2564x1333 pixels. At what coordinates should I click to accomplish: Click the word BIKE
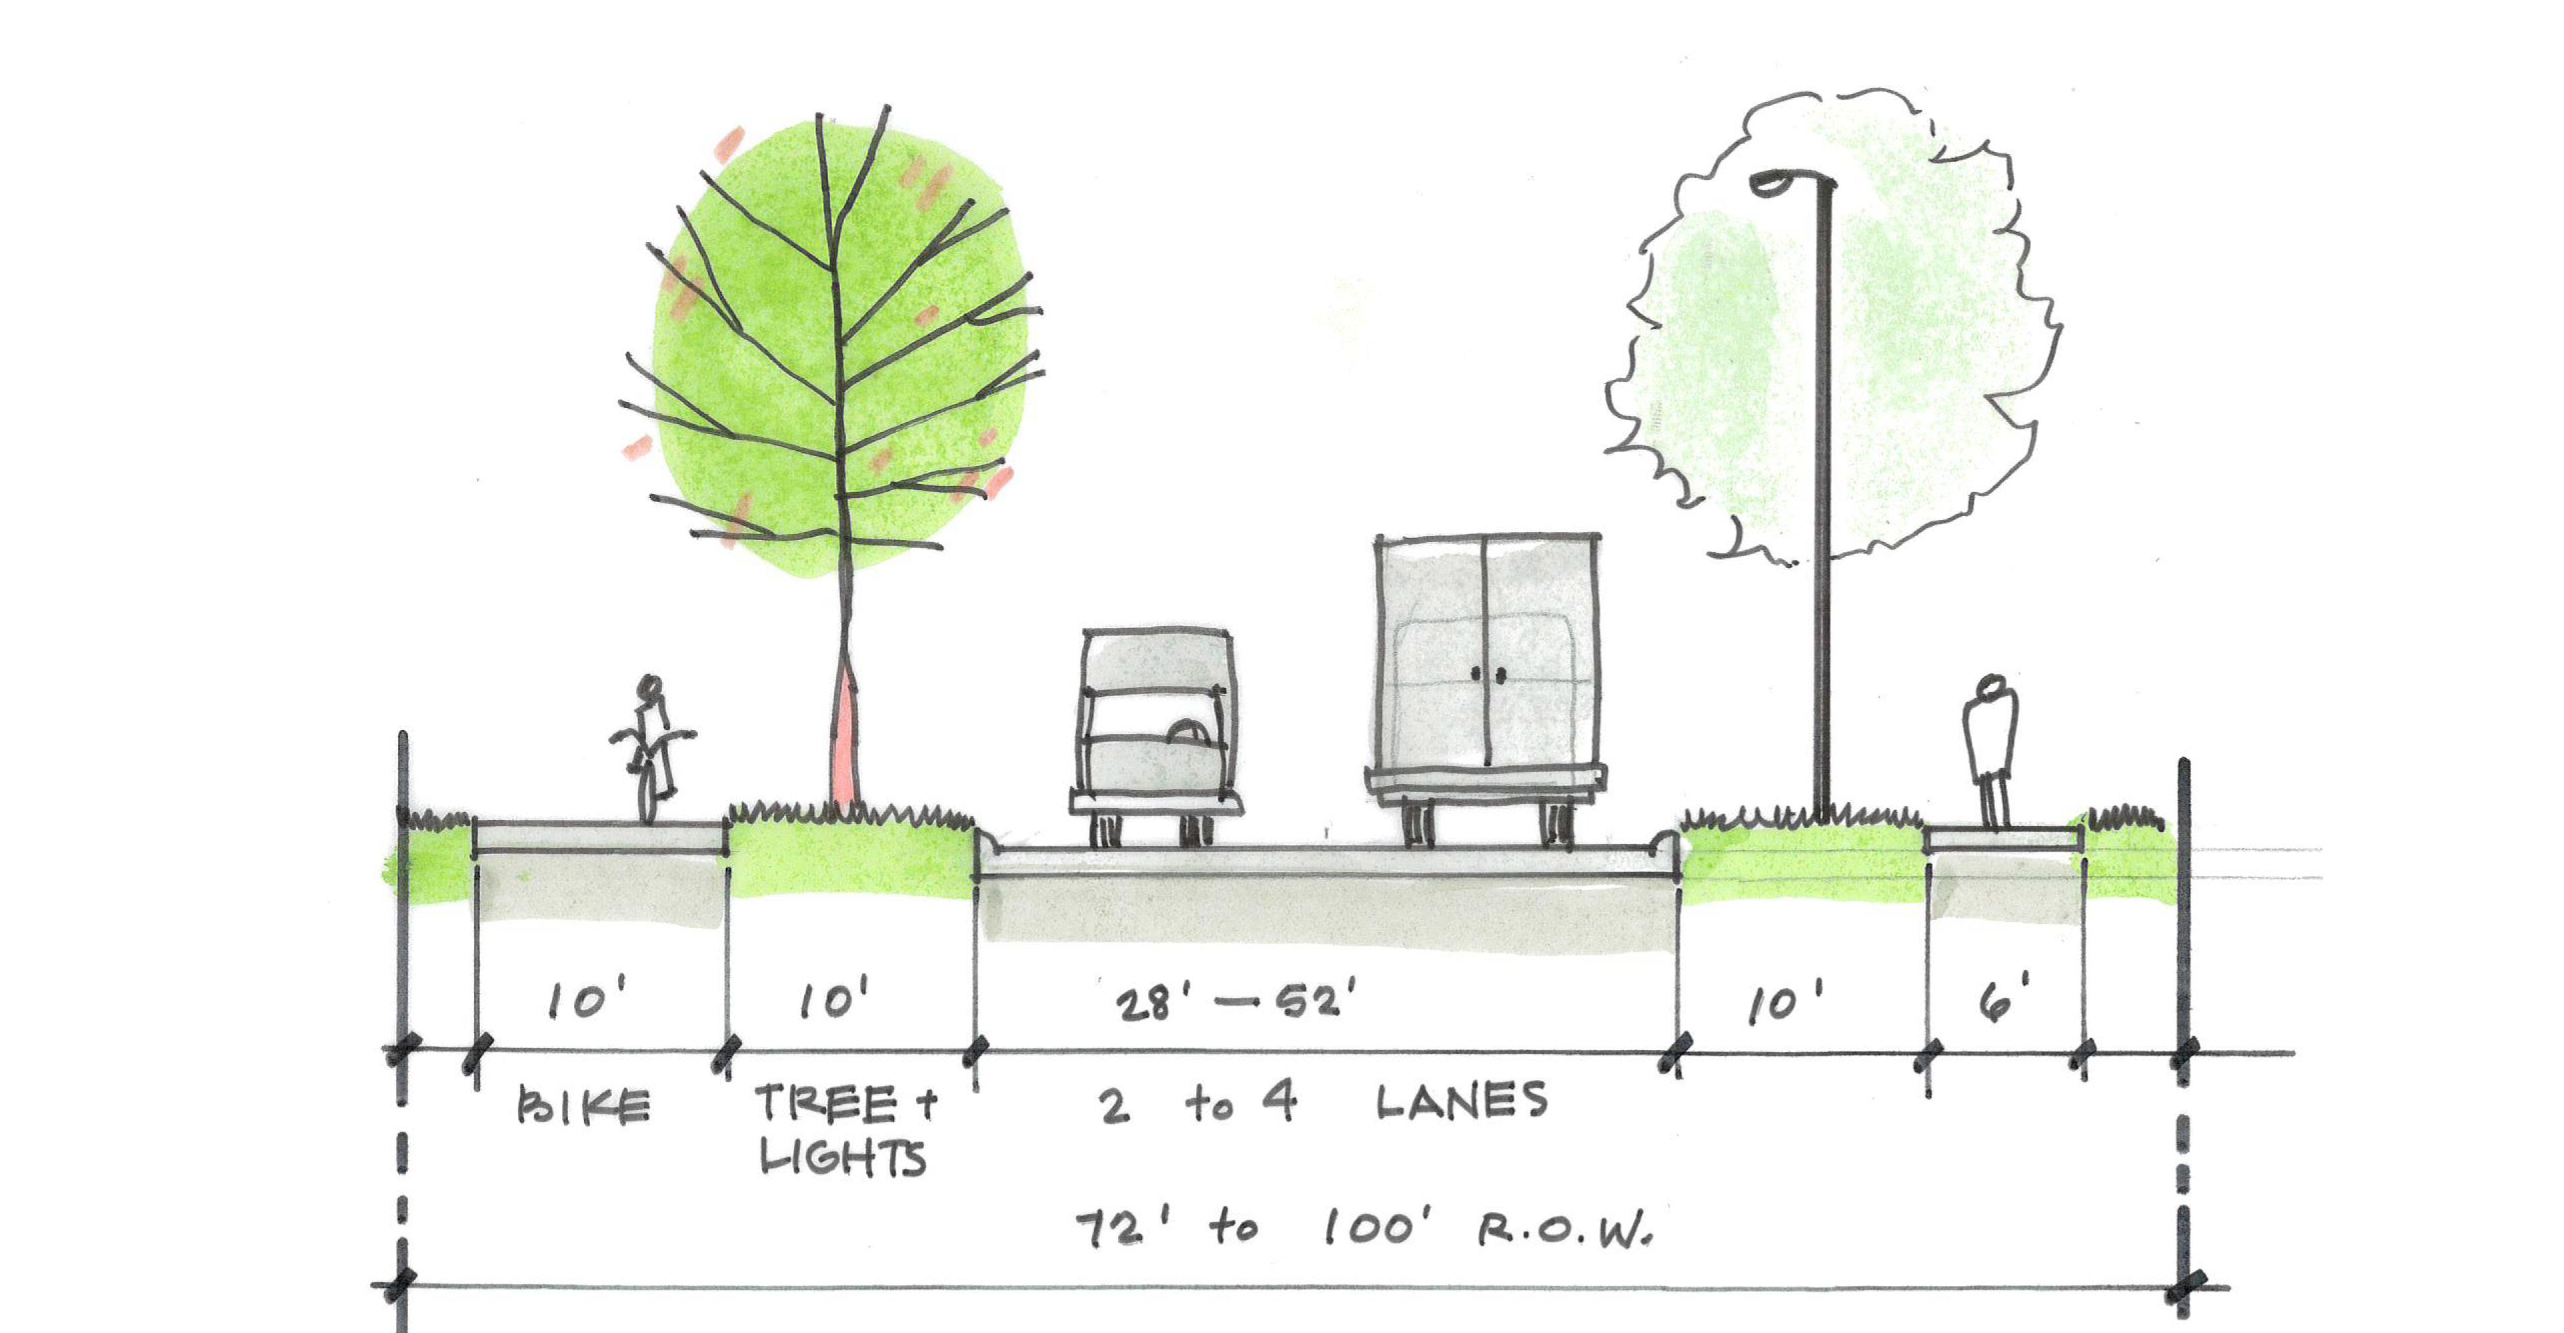pos(584,1107)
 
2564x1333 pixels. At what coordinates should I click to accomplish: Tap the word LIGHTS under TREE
pos(843,1158)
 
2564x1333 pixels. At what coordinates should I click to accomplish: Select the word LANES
pos(1461,1101)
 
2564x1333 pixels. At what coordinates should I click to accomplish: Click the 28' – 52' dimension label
pos(1235,1002)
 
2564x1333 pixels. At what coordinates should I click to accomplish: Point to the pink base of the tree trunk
pos(843,737)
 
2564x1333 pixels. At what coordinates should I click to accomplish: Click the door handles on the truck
pos(1487,675)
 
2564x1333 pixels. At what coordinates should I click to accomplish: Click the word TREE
pos(826,1103)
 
